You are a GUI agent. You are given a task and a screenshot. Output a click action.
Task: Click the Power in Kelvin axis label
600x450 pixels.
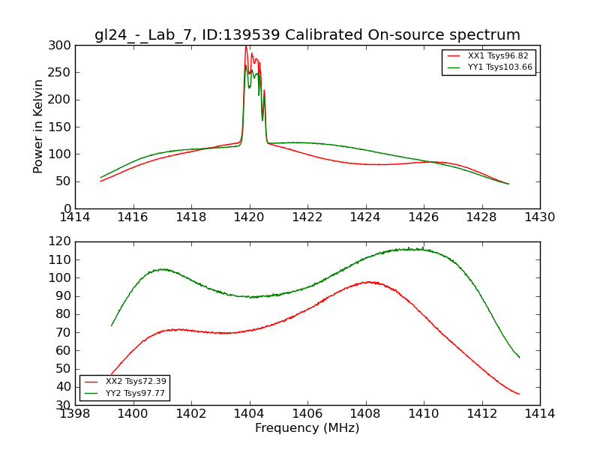[39, 127]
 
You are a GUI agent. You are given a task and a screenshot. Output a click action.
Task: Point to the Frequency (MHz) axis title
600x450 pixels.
[307, 428]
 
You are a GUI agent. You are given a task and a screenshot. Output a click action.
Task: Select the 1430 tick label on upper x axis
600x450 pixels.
[539, 217]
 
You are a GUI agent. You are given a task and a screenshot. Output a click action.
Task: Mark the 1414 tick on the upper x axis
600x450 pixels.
[76, 217]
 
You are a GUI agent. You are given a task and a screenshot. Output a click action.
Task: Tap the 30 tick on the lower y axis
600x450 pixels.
[63, 405]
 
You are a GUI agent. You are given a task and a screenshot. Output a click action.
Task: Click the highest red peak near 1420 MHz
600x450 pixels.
[245, 46]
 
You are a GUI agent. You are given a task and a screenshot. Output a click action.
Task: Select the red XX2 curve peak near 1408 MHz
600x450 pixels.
[369, 282]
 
